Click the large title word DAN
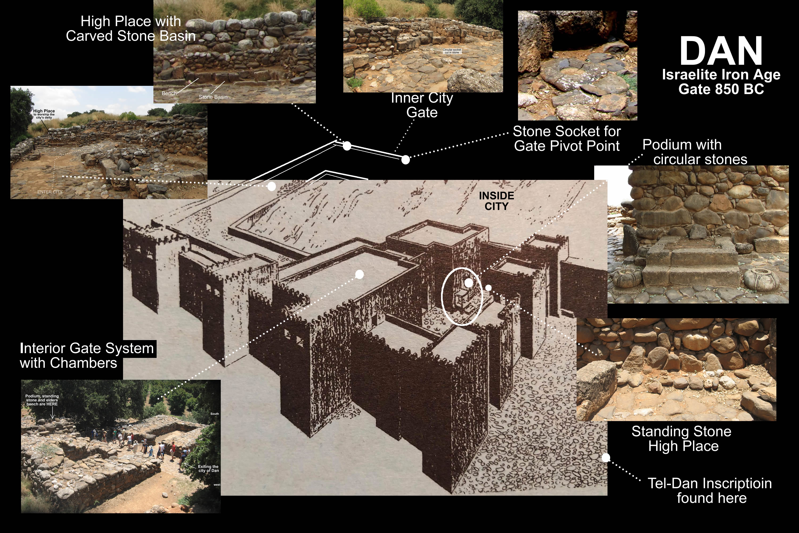coord(721,51)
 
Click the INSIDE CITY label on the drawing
coord(496,201)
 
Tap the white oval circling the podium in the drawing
coord(442,296)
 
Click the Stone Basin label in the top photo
coord(213,97)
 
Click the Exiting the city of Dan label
coord(208,469)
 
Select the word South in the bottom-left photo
coord(214,414)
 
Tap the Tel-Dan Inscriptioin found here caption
coord(710,491)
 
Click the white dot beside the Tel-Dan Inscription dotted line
coord(606,458)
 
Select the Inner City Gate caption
coord(422,105)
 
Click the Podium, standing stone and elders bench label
coord(42,400)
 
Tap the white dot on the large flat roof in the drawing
coord(359,274)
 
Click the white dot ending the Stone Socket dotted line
coord(405,160)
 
